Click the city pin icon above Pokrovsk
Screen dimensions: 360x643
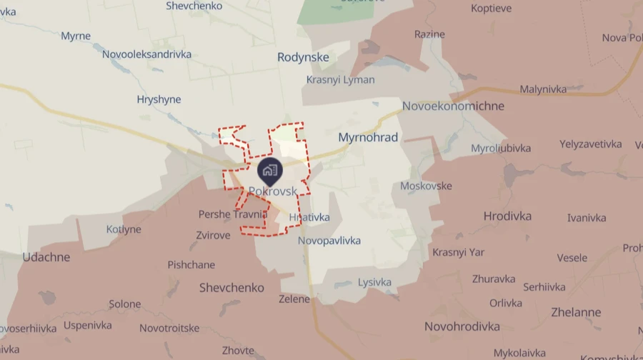pos(269,170)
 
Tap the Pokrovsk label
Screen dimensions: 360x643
pos(274,191)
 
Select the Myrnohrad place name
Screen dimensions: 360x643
pos(368,137)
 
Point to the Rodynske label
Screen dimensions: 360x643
pos(303,57)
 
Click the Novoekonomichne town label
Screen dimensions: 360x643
pos(453,106)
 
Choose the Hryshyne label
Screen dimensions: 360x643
pos(159,100)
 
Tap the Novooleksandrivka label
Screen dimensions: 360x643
pos(146,54)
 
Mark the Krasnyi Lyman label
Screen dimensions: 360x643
pos(340,80)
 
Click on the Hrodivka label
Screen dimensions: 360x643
pos(507,216)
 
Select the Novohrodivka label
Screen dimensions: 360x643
pos(462,326)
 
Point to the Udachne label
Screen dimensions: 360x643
pos(46,257)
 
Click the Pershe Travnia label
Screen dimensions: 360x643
pos(233,214)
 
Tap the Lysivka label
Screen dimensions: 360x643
pos(375,282)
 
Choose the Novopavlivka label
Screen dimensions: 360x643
pos(329,241)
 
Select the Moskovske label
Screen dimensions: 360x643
pos(427,186)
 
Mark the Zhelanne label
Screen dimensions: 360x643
pos(576,312)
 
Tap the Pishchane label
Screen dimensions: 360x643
pos(191,265)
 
